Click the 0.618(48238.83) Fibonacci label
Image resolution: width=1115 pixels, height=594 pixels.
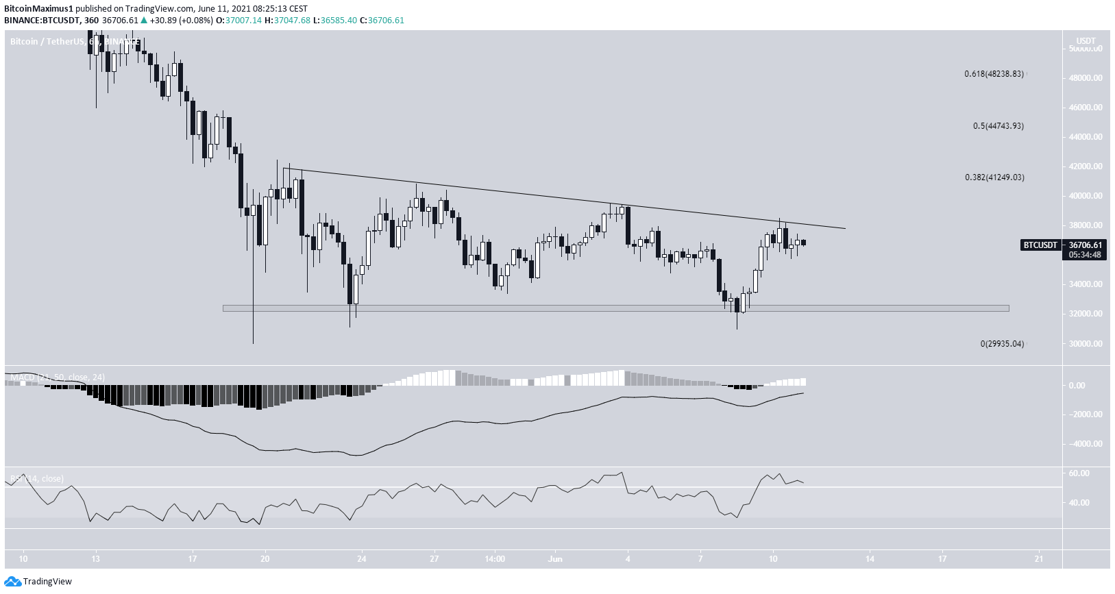994,74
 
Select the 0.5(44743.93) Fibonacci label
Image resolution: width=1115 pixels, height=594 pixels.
998,126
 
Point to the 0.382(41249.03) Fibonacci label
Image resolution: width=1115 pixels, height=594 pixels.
994,177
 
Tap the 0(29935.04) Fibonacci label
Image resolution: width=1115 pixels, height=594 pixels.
1002,344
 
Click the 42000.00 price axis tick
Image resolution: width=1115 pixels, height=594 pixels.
1086,166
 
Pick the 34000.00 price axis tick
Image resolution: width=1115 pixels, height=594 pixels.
1086,284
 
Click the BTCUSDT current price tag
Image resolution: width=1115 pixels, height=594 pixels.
1040,245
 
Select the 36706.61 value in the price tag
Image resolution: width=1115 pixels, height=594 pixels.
1086,245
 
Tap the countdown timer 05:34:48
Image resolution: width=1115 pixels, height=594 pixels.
1086,255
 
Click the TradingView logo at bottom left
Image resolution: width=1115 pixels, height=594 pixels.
38,582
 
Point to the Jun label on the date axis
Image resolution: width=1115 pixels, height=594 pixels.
555,559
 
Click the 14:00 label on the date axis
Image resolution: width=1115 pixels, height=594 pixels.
495,559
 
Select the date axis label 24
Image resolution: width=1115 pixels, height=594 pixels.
362,559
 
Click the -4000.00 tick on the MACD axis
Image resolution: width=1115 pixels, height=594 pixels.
1086,444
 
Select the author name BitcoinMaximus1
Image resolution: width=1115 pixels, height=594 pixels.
38,9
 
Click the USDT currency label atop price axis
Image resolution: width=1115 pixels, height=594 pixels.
1086,41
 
